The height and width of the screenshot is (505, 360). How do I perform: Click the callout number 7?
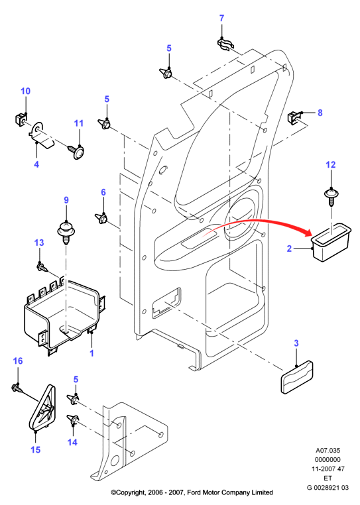(x=221, y=19)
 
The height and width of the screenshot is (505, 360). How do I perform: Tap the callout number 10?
(x=25, y=91)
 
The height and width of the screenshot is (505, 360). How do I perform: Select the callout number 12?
(x=331, y=164)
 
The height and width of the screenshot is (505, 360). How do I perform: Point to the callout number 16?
(x=18, y=361)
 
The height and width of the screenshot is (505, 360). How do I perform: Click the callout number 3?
(x=296, y=343)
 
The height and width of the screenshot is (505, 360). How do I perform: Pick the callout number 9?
(x=66, y=200)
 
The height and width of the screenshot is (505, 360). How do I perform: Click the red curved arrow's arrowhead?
(x=306, y=233)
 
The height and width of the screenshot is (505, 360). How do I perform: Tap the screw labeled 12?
(x=331, y=197)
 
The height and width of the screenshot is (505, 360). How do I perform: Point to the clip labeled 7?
(x=225, y=44)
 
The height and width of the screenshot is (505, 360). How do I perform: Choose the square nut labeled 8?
(x=293, y=117)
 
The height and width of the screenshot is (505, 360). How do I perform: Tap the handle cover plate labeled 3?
(x=297, y=377)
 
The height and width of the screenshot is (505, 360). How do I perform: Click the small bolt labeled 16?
(x=17, y=388)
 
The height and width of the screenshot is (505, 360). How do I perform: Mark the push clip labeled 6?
(x=101, y=218)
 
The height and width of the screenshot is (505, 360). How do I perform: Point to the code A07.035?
(x=328, y=450)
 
